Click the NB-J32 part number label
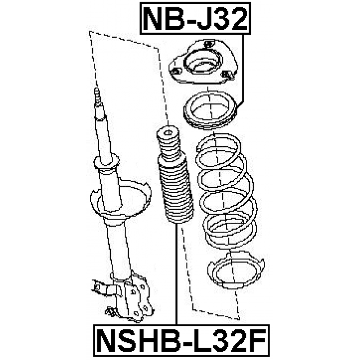[x=195, y=19]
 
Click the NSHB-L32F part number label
[x=181, y=341]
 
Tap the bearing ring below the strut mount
[x=210, y=110]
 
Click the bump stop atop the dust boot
[x=168, y=142]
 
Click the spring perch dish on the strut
[x=120, y=199]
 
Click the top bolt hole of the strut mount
[x=208, y=43]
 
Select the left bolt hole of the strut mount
[x=176, y=71]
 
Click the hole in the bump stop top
[x=168, y=132]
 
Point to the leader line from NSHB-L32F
[x=176, y=274]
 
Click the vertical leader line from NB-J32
[x=242, y=68]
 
